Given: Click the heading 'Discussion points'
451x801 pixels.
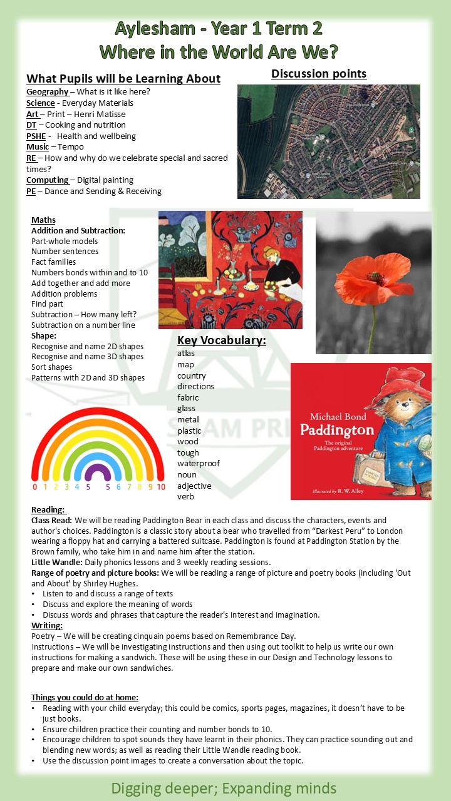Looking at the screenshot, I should coord(318,74).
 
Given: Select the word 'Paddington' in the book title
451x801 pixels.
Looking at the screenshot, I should coord(337,430).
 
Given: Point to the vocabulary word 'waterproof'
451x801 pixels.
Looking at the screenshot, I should coord(199,464).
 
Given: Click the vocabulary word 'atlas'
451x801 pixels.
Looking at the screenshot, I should coord(186,354).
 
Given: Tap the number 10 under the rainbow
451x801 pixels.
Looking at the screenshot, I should coord(161,486).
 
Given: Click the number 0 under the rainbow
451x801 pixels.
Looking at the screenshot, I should coord(35,486).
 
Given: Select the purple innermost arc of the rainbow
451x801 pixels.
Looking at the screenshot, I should coord(98,470).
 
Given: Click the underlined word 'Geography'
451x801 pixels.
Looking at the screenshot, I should coord(47,92).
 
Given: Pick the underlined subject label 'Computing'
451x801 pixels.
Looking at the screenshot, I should coord(48,180).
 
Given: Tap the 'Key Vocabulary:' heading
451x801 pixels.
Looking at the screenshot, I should coord(221,340).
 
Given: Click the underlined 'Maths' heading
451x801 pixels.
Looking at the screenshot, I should coord(43,220).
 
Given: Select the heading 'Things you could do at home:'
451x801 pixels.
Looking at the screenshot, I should coord(85,698).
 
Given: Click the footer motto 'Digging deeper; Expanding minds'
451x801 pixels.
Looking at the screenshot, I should coord(224,788).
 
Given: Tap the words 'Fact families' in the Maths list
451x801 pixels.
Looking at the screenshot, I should coord(54,262).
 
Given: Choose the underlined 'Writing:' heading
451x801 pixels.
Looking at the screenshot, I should coord(47,625).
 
